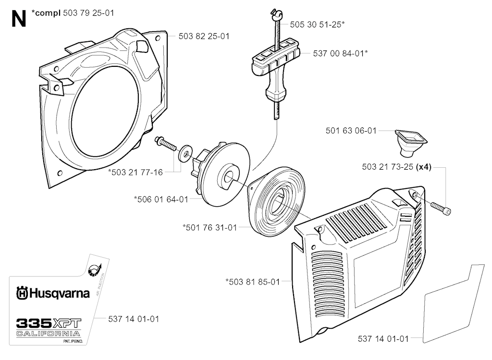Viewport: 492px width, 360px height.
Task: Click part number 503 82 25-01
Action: click(x=203, y=36)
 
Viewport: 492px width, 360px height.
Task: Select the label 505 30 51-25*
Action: click(x=317, y=24)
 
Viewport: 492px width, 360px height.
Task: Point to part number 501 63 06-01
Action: click(x=351, y=130)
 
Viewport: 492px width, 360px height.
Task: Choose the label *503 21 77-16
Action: click(x=135, y=173)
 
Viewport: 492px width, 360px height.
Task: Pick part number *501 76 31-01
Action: click(x=209, y=227)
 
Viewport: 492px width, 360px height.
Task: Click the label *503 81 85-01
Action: click(x=252, y=282)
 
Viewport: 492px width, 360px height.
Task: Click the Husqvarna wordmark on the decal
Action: click(x=53, y=292)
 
